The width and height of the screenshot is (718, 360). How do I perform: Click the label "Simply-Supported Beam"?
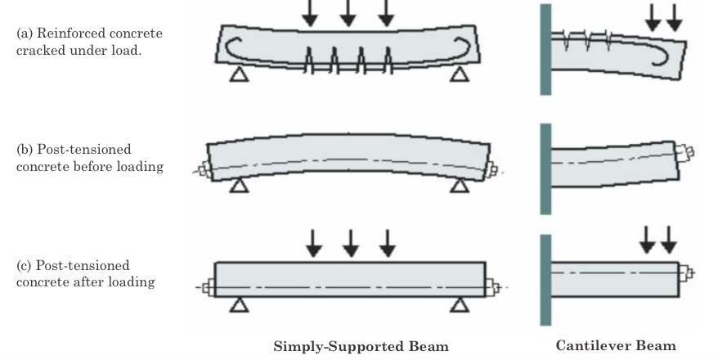pyautogui.click(x=361, y=345)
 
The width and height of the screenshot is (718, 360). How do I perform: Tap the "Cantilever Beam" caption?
pyautogui.click(x=616, y=345)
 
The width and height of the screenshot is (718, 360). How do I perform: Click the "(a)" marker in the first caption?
pyautogui.click(x=25, y=34)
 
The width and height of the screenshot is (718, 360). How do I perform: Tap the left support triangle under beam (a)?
pyautogui.click(x=238, y=74)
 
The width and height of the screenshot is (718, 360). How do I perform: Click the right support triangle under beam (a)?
pyautogui.click(x=460, y=74)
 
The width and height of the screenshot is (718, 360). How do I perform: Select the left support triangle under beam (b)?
pyautogui.click(x=238, y=187)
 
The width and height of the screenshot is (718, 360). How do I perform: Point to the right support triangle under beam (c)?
pyautogui.click(x=460, y=305)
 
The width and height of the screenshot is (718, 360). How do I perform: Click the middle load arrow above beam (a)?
pyautogui.click(x=348, y=13)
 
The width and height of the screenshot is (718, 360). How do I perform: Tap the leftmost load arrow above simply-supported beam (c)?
pyautogui.click(x=313, y=242)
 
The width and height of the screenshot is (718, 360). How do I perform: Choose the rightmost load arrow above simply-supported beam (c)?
pyautogui.click(x=388, y=242)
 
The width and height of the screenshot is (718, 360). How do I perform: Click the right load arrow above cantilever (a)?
pyautogui.click(x=674, y=17)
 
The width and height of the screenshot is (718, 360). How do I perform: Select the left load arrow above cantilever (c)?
pyautogui.click(x=648, y=238)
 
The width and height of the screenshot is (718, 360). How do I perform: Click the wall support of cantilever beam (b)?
pyautogui.click(x=545, y=168)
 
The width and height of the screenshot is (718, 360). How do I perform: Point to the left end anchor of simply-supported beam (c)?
pyautogui.click(x=208, y=287)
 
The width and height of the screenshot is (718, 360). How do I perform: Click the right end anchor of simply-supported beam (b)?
pyautogui.click(x=492, y=169)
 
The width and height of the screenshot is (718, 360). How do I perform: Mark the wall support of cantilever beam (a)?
pyautogui.click(x=545, y=49)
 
